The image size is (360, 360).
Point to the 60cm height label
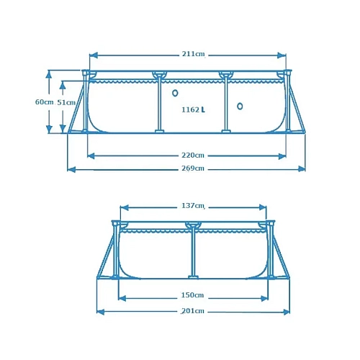43,102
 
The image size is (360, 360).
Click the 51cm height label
66,102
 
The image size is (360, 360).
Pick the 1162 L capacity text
193,110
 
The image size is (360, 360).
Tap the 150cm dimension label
193,296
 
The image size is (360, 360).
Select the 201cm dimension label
193,311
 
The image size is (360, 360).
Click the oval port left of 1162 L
175,93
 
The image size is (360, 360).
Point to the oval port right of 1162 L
240,107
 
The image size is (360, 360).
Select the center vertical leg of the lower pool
193,252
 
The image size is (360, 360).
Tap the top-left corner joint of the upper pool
86,73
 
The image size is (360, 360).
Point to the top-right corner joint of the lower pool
270,223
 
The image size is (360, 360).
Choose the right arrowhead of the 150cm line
266,297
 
